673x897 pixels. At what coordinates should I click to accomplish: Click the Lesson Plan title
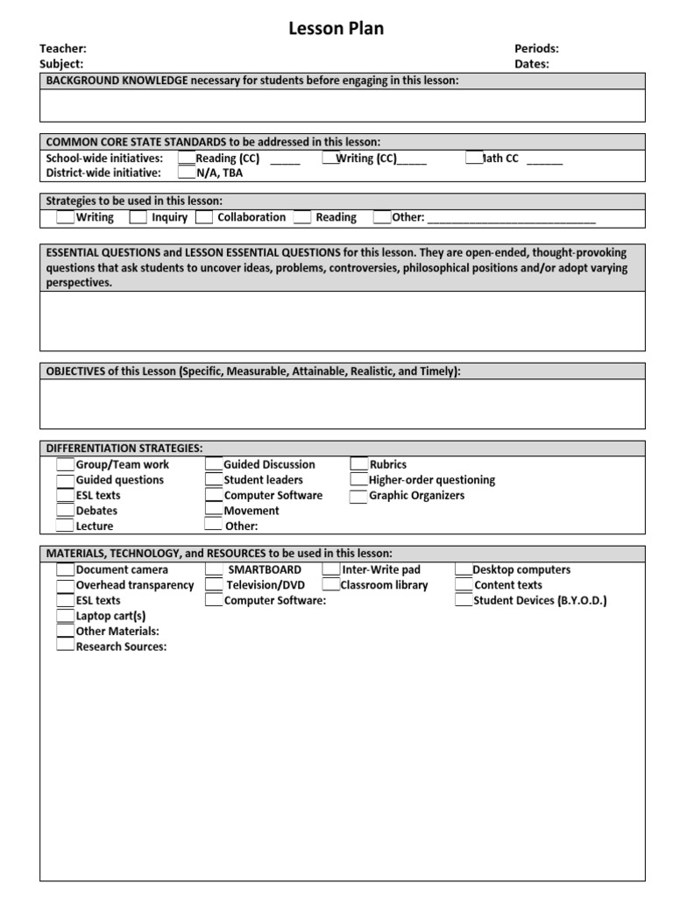tap(336, 29)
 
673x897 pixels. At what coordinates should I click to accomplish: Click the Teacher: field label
tap(63, 49)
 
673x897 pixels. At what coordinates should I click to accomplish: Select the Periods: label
tap(536, 49)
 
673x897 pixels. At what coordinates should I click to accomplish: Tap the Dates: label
tap(532, 64)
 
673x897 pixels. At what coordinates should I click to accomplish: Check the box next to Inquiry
tap(138, 216)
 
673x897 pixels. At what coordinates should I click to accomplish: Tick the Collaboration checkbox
tap(204, 216)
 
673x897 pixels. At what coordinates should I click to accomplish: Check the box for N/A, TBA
tap(186, 173)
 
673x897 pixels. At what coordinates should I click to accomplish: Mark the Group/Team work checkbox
tap(66, 464)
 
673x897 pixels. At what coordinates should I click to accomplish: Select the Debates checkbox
tap(66, 511)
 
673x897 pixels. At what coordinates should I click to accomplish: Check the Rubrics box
tap(359, 464)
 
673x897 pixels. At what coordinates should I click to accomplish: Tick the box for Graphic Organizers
tap(358, 496)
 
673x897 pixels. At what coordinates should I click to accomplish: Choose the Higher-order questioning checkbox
tap(359, 480)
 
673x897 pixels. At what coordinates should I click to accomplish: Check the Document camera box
tap(66, 569)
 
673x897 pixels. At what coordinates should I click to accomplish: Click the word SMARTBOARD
tap(265, 569)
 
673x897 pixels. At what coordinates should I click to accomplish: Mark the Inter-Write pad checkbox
tap(331, 569)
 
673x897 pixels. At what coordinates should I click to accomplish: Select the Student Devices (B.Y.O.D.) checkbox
tap(464, 601)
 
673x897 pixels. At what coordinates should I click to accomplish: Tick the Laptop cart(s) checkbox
tap(66, 616)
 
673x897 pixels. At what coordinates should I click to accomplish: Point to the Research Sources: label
tap(121, 647)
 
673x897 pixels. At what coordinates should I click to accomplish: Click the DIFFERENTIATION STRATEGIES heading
tap(124, 448)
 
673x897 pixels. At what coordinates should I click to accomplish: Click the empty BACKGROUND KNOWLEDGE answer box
tap(342, 105)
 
